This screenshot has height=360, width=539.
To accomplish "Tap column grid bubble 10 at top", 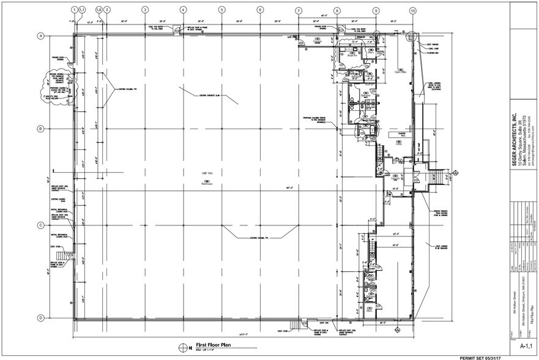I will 413,10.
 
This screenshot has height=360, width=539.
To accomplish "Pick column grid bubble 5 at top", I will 221,10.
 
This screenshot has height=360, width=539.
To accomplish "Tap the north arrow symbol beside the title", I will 182,348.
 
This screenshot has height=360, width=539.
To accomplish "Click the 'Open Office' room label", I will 401,72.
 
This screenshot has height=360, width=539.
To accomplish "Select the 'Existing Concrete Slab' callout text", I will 210,96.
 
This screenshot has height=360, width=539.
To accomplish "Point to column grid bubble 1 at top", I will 75,10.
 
